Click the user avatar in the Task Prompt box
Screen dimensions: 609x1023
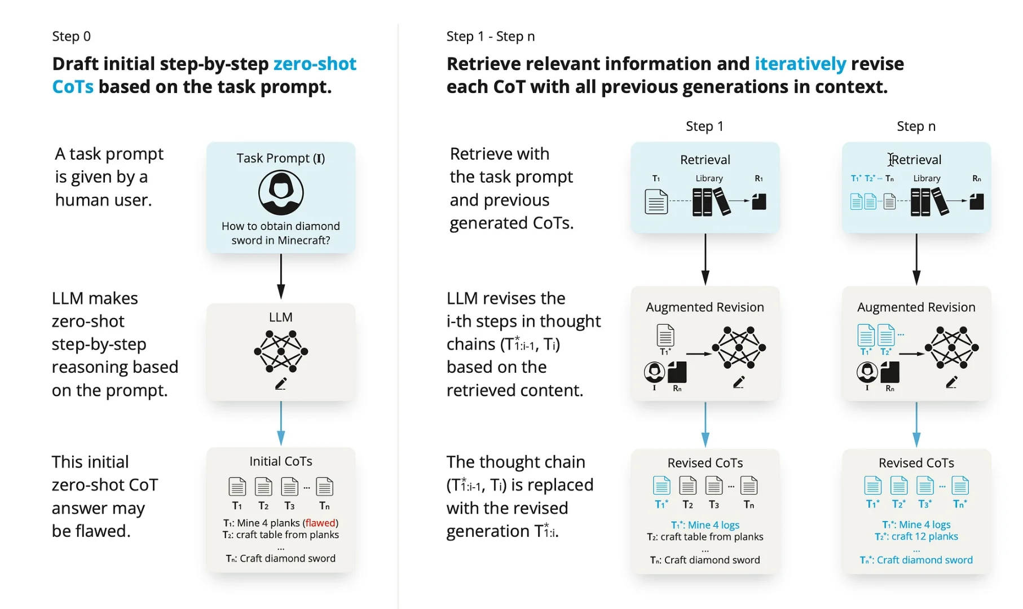281,193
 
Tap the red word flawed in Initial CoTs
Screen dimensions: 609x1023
320,523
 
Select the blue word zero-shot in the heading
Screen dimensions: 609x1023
315,64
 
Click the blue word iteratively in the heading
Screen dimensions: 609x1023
800,64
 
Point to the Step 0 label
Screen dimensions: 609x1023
71,37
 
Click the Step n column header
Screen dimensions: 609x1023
916,126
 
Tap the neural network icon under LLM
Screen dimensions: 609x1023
281,351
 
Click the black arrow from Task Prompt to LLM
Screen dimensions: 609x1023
281,276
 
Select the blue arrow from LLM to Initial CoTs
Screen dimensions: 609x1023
281,423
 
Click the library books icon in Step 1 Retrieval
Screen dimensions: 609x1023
711,202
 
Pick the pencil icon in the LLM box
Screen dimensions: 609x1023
281,384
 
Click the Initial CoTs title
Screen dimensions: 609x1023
281,461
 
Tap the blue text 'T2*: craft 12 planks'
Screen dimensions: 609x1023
916,536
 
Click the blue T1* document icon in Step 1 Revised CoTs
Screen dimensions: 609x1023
662,486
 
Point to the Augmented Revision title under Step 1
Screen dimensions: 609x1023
705,307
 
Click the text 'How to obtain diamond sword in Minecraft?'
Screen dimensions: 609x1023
281,233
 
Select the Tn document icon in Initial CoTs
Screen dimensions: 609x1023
324,487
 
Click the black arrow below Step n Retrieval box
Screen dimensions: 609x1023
916,259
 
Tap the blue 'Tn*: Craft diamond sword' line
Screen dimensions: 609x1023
916,560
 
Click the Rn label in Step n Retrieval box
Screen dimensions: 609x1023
977,179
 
